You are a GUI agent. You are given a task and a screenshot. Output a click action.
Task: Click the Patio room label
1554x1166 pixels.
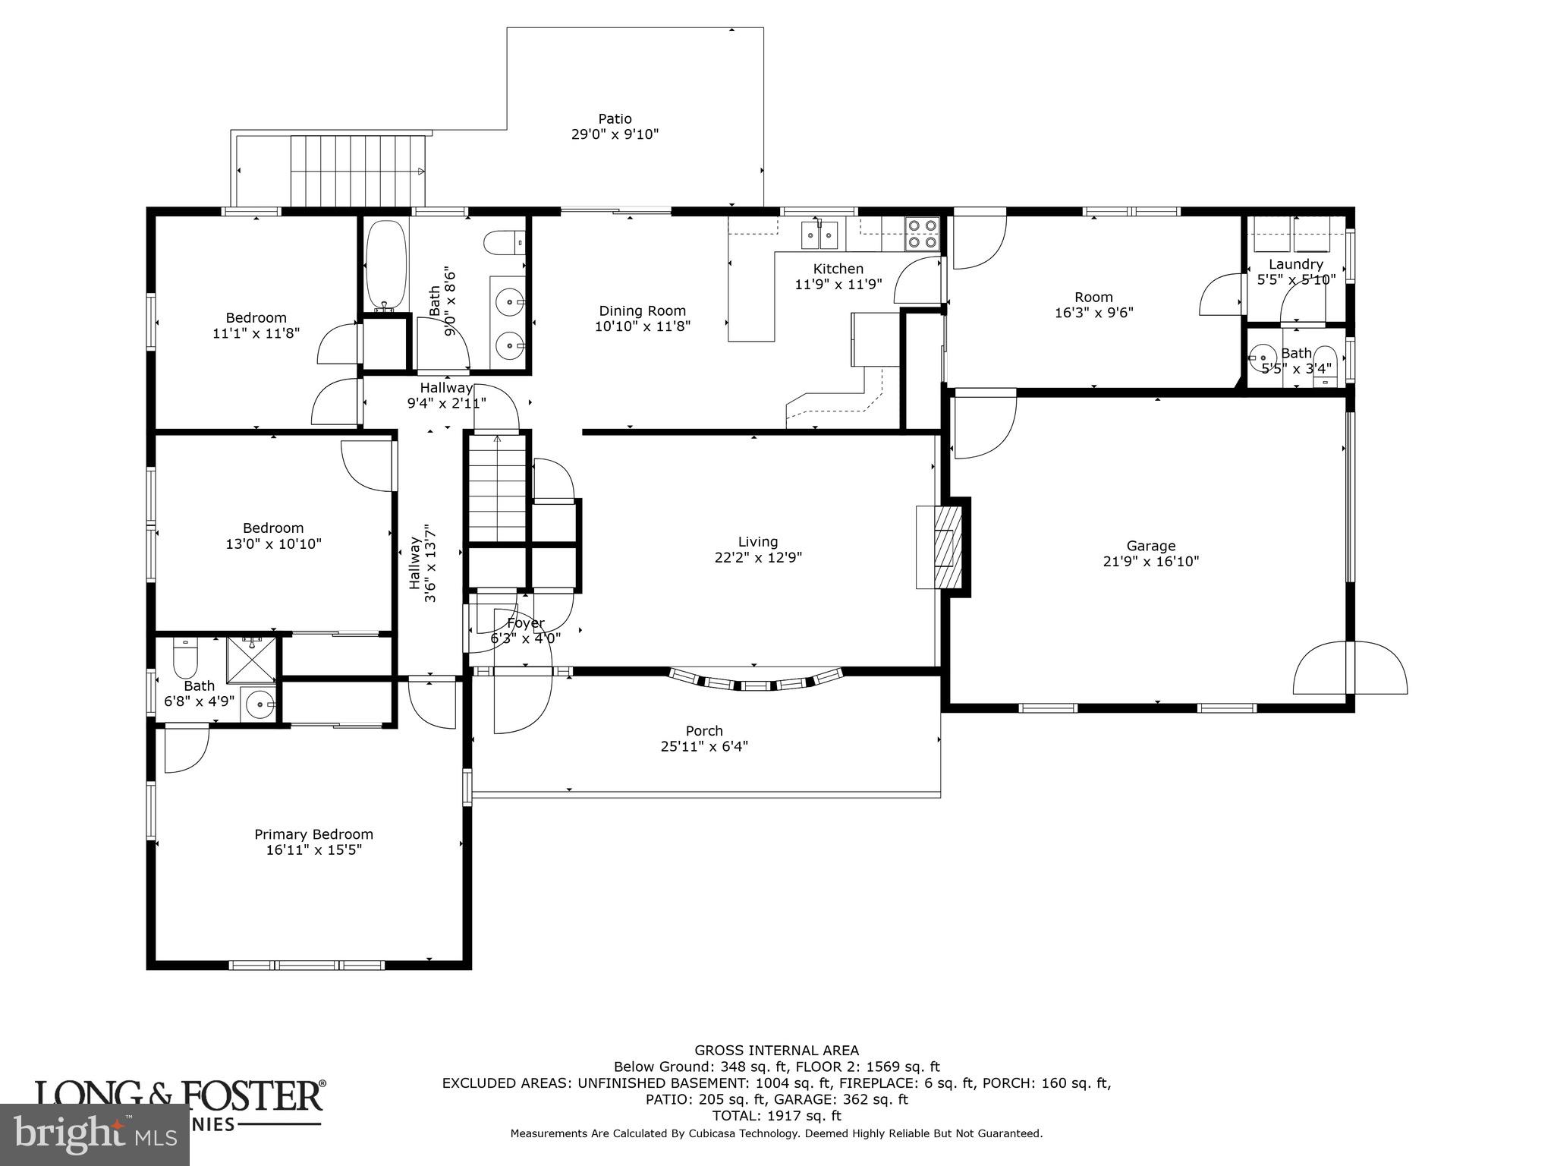615,119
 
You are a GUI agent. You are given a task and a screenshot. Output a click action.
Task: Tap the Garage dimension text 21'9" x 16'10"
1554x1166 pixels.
1150,562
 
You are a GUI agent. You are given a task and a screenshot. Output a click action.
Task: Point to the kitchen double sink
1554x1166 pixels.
819,235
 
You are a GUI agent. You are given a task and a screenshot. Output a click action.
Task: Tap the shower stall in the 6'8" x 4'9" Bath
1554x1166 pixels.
253,656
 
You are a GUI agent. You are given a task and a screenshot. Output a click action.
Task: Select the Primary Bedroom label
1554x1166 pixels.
313,834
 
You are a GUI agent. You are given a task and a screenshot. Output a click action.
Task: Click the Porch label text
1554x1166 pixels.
704,731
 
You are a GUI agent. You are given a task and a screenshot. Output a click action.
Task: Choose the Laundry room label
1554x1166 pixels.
1295,264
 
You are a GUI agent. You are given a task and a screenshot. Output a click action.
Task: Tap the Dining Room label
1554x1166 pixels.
642,310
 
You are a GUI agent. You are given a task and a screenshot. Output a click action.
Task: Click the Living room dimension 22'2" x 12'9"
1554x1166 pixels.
758,557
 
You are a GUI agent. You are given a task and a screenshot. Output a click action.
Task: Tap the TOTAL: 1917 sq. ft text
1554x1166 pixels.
776,1116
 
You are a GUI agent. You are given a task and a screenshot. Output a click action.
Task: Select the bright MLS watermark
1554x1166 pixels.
94,1135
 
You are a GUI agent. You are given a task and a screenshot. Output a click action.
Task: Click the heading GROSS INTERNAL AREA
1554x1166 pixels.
776,1051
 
